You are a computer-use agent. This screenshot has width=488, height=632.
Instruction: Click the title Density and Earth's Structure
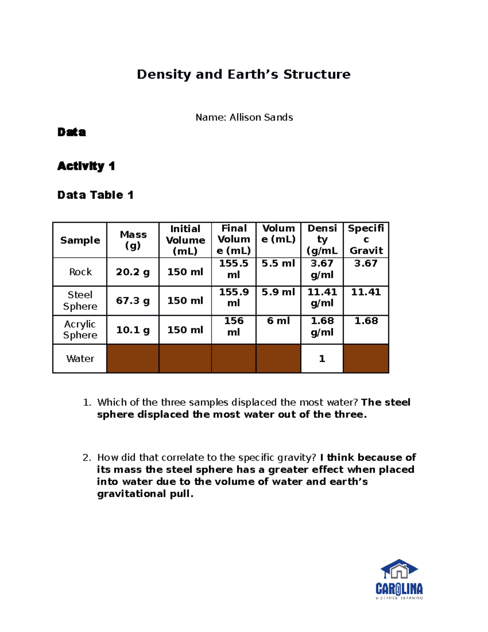pyautogui.click(x=243, y=74)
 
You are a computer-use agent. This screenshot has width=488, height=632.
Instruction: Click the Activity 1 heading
pyautogui.click(x=86, y=166)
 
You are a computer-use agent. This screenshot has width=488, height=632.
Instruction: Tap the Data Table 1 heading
pyautogui.click(x=95, y=195)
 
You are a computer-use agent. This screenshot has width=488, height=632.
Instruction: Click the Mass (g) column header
pyautogui.click(x=133, y=240)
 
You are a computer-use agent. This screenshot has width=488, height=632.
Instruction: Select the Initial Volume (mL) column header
pyautogui.click(x=185, y=240)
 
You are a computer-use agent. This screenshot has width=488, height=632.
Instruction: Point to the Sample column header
pyautogui.click(x=80, y=240)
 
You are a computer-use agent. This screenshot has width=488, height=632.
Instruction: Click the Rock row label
pyautogui.click(x=80, y=272)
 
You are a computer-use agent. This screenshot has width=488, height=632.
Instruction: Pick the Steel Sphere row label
pyautogui.click(x=80, y=300)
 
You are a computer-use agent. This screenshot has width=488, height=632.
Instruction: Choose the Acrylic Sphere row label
pyautogui.click(x=80, y=330)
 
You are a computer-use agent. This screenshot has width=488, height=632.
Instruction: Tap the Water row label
pyautogui.click(x=80, y=359)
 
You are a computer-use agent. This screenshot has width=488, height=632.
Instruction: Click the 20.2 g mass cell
pyautogui.click(x=133, y=272)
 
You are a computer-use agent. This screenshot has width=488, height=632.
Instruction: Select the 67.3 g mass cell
pyautogui.click(x=133, y=301)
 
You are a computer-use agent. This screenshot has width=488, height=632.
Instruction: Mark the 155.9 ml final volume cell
pyautogui.click(x=233, y=297)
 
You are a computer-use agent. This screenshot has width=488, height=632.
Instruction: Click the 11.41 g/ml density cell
pyautogui.click(x=322, y=297)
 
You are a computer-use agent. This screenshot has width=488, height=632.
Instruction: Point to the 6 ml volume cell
pyautogui.click(x=278, y=321)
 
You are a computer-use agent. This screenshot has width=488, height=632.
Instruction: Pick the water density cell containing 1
pyautogui.click(x=322, y=359)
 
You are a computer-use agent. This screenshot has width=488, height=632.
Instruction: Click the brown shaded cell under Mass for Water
pyautogui.click(x=133, y=359)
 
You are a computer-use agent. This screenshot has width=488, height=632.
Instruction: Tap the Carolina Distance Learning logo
pyautogui.click(x=399, y=579)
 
